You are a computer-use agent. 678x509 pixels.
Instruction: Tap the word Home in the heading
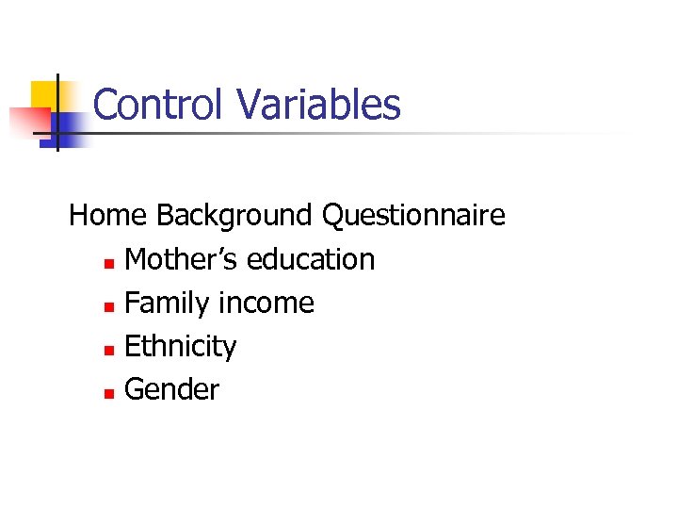coord(108,216)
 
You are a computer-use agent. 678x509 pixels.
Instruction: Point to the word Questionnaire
coord(413,216)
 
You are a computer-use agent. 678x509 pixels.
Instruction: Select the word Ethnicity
coord(181,347)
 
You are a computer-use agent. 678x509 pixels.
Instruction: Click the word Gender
coord(171,390)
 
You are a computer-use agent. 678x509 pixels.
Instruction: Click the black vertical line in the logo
coord(56,113)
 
